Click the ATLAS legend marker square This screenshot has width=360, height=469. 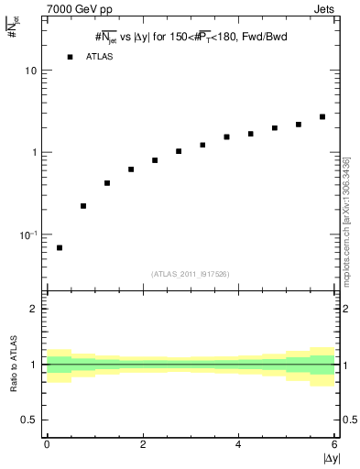(x=70, y=57)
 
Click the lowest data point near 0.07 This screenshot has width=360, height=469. (x=60, y=247)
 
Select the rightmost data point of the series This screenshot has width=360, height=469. (x=322, y=116)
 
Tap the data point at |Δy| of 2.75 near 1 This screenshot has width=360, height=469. (x=179, y=151)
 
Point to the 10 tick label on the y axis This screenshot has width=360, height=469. (x=31, y=71)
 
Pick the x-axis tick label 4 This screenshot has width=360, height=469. (x=238, y=444)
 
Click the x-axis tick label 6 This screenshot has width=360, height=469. (x=334, y=444)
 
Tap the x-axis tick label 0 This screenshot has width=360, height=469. (x=47, y=444)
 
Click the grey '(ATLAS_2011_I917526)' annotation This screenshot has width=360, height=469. (x=191, y=273)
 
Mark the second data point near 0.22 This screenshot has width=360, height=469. (x=83, y=206)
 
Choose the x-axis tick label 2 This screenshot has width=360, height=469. (x=143, y=444)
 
